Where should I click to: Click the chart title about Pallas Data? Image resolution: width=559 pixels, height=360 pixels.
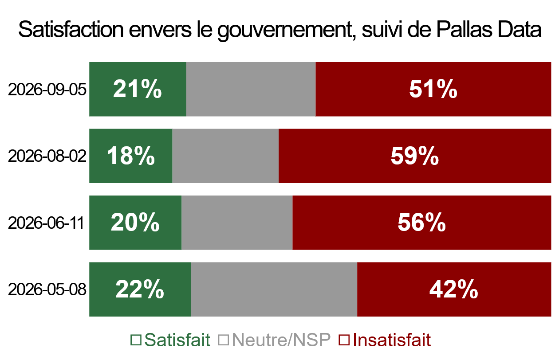point(280,30)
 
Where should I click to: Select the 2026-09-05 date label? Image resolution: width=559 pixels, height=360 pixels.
point(47,90)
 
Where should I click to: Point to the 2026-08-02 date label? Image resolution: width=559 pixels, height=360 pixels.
point(47,156)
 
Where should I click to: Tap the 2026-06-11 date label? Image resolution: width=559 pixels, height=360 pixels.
point(46,223)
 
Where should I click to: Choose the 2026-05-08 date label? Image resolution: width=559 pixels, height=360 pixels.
point(47,290)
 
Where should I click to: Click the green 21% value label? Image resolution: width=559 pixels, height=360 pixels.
point(138,89)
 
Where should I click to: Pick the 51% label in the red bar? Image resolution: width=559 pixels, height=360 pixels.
point(433,89)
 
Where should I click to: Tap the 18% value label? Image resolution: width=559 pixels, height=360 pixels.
point(131,156)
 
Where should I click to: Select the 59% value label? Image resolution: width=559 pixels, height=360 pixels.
point(415,156)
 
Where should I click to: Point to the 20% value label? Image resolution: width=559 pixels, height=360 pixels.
point(135,223)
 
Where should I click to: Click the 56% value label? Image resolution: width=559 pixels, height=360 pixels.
point(422,223)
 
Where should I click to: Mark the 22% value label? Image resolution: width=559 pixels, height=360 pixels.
point(140,289)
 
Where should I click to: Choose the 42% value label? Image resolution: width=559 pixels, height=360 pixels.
point(454,289)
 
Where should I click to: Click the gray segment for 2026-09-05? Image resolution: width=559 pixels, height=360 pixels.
point(251,89)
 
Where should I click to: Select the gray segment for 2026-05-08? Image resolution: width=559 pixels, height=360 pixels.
point(274,289)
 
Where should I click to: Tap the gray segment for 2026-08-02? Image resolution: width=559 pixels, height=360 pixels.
point(225,156)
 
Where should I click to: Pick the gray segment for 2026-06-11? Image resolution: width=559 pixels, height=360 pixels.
point(237,223)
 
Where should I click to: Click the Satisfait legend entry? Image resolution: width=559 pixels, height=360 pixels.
point(170,340)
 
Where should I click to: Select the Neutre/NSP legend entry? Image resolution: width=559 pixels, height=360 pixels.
point(274,340)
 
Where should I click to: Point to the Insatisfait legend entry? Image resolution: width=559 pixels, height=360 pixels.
point(385,340)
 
